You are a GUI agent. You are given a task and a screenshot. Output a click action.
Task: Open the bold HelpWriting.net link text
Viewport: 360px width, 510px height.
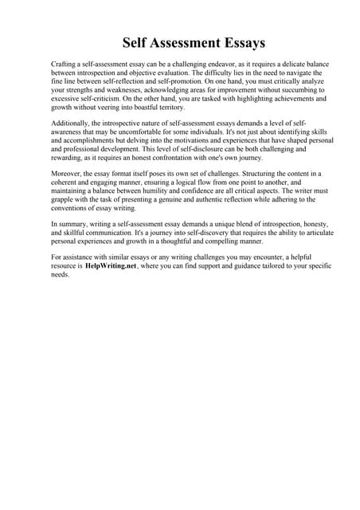[x=111, y=265]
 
